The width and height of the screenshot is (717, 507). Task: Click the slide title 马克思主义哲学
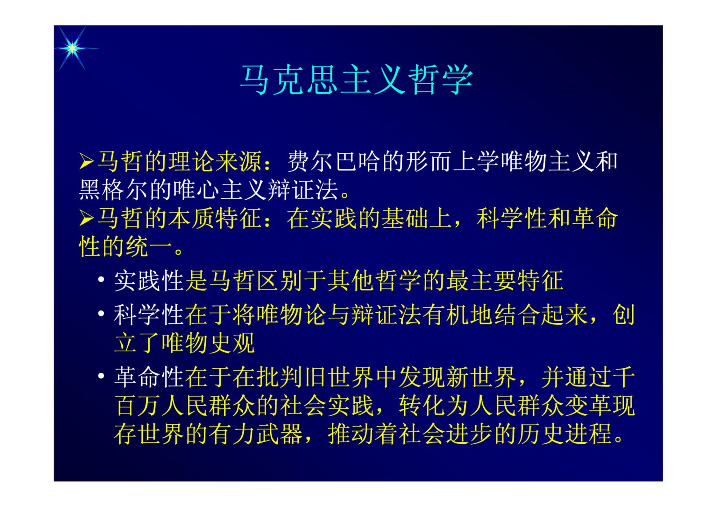tap(356, 80)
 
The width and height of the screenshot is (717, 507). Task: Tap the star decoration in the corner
tap(73, 48)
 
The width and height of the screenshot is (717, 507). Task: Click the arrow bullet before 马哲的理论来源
tap(86, 161)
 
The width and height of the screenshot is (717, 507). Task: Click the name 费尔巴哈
tap(334, 161)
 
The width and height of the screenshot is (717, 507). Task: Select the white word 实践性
tap(149, 281)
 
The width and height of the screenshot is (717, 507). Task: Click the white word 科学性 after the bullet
tap(149, 315)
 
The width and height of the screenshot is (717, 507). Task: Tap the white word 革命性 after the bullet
tap(149, 377)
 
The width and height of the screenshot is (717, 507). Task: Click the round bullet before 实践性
tap(101, 280)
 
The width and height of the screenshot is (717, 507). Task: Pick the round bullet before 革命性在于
tap(101, 376)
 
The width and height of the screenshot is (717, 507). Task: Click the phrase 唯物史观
tap(208, 343)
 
